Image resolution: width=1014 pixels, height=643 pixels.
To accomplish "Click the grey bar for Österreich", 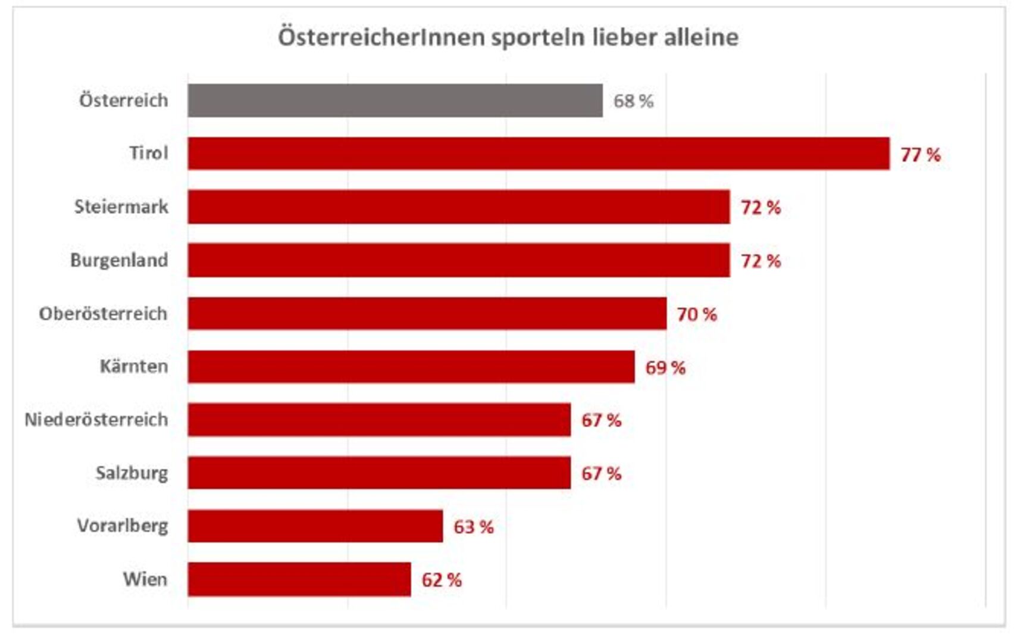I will point(395,101).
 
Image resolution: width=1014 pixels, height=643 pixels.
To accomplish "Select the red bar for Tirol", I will point(539,154).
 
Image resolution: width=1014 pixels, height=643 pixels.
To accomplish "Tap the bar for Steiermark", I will point(459,207).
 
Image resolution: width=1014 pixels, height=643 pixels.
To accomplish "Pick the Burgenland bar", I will point(459,260).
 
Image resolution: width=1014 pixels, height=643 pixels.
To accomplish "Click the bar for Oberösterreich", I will point(427,313).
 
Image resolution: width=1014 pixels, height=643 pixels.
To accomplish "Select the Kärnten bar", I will point(411,367).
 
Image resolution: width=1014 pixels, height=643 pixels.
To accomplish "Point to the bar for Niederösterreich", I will point(379,420).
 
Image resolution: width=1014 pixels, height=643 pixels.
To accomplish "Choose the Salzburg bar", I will point(379,473).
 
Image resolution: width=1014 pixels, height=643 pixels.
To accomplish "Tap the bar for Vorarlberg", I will point(315,526).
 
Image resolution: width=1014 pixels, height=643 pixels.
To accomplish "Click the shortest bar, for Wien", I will point(299,579).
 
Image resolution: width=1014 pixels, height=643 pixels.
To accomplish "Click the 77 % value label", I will point(920,155).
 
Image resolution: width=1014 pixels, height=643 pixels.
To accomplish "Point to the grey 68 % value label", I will point(633,101).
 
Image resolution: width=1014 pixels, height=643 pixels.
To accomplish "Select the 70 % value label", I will point(696,314).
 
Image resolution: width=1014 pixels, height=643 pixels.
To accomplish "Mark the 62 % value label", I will point(442,580).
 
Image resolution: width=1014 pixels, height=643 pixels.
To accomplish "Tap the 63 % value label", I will point(473,527).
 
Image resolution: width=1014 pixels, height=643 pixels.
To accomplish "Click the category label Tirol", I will point(149,153).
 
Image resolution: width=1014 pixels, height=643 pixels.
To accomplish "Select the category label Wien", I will point(145,579).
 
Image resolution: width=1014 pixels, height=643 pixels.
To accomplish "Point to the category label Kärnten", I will point(133,366).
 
